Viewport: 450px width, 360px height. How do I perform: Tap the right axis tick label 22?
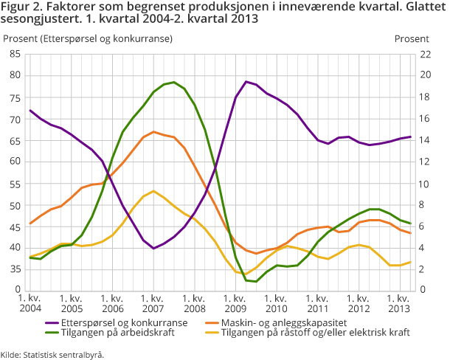(x=425, y=54)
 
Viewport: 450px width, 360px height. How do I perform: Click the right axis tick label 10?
(x=425, y=183)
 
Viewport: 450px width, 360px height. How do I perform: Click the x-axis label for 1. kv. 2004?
(x=30, y=302)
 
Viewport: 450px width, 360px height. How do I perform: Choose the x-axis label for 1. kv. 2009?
(x=235, y=302)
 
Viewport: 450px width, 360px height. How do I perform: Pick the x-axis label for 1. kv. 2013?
(x=399, y=302)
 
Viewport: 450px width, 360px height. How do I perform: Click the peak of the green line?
(x=173, y=82)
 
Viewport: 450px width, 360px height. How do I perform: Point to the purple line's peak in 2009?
(x=246, y=81)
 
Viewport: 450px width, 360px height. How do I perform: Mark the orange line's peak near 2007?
(x=153, y=132)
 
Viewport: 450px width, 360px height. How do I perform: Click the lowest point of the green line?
(x=255, y=282)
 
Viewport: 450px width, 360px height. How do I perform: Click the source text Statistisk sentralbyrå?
(x=63, y=353)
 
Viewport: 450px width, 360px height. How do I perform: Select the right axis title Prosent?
(x=411, y=38)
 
